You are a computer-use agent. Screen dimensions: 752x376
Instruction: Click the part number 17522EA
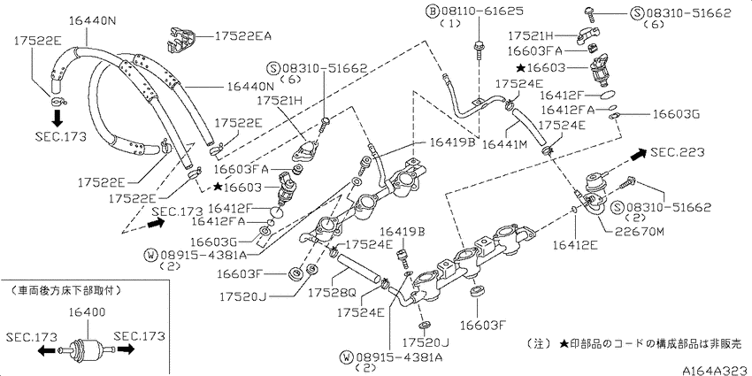tap(242, 35)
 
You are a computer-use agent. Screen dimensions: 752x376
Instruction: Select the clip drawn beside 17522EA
tap(181, 39)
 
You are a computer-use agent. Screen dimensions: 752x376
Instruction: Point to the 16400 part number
tap(88, 312)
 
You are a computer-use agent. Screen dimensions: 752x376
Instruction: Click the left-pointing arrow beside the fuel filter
tap(47, 351)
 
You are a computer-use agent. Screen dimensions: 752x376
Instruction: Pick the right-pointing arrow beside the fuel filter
tap(125, 349)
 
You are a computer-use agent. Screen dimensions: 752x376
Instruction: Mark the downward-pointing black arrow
tap(58, 118)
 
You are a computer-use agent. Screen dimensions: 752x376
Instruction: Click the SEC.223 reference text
tap(677, 152)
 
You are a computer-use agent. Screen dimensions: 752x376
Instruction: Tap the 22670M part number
tap(641, 232)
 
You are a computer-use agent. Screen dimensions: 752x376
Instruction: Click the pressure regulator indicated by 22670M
tap(596, 193)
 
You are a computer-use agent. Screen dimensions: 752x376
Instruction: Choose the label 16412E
tap(574, 245)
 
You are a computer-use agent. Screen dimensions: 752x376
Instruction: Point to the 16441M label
tap(505, 143)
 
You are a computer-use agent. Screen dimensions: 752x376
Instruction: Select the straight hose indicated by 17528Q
tap(358, 270)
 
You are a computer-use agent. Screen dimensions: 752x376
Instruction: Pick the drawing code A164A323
tap(715, 370)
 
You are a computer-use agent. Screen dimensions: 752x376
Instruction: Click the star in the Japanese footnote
tap(564, 344)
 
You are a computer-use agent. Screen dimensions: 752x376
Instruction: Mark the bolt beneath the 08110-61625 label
tap(478, 51)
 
